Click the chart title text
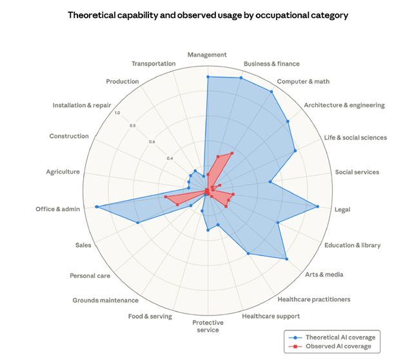point(208,15)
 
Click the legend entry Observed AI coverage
point(339,346)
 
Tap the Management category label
point(208,55)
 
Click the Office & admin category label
point(58,209)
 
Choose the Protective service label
point(207,326)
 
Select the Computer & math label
point(303,81)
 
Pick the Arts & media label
point(325,274)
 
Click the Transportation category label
point(153,63)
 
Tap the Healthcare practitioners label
point(313,299)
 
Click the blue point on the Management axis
point(208,77)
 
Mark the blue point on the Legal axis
point(317,207)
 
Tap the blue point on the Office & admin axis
point(97,206)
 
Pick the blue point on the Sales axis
point(138,223)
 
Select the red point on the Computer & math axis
point(232,153)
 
